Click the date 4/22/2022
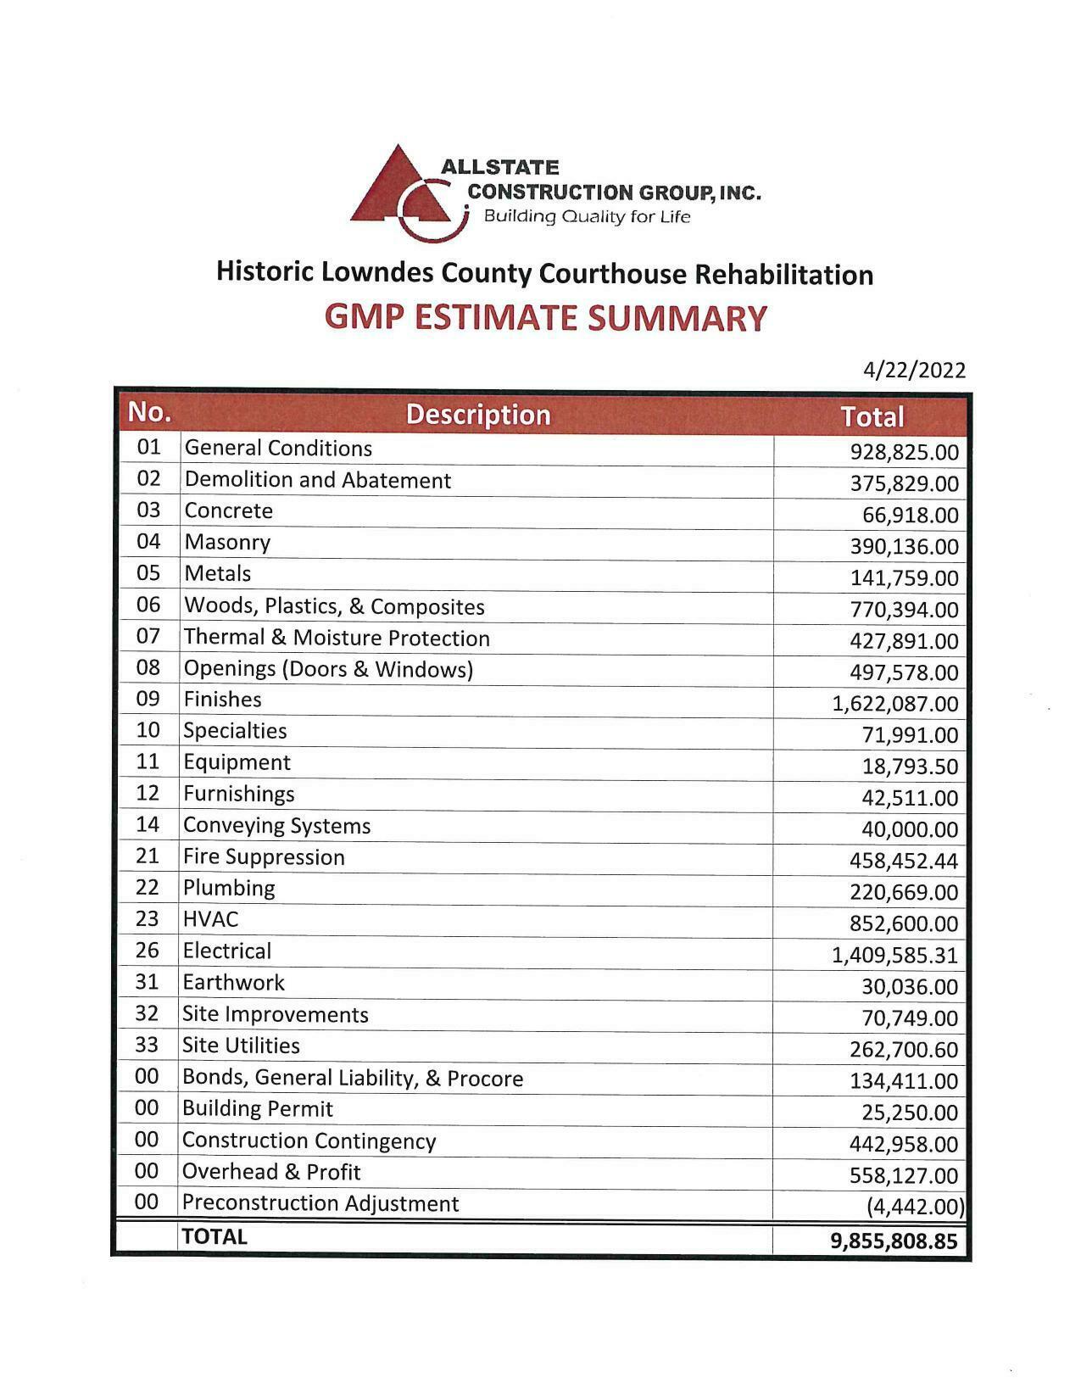(x=914, y=371)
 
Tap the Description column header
(x=478, y=415)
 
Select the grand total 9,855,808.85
(x=894, y=1241)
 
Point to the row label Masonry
(x=227, y=543)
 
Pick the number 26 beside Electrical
(x=148, y=951)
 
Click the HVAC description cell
(x=211, y=919)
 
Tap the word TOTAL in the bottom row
(x=215, y=1236)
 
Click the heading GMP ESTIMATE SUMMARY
(x=546, y=318)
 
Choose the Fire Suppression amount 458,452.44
(x=903, y=862)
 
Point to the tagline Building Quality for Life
(x=587, y=217)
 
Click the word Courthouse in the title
(x=615, y=274)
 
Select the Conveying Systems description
(x=277, y=826)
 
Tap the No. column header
(x=149, y=413)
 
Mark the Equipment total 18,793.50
(x=910, y=767)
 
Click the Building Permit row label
(x=258, y=1109)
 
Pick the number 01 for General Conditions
(x=148, y=446)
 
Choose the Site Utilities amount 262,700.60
(x=903, y=1050)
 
